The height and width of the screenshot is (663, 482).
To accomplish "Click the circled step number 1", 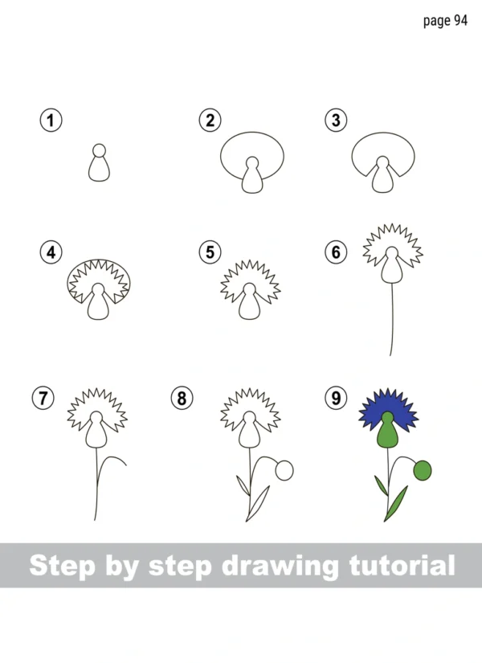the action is point(51,121).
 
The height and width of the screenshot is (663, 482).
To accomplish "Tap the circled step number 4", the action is point(51,252).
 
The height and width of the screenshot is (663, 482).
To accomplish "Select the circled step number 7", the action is point(43,399).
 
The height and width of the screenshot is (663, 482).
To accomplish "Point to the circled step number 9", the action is point(336,399).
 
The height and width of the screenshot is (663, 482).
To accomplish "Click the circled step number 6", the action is point(336,252).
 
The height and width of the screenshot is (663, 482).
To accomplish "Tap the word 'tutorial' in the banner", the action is point(402,565).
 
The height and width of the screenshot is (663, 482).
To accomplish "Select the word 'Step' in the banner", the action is point(63,566).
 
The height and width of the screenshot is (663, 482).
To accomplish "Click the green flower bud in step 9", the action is point(422,471).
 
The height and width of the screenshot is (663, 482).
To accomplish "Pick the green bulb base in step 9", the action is point(387,432).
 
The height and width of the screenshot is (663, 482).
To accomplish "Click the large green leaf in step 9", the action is point(397,503).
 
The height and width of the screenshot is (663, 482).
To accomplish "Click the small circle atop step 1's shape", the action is point(99,150).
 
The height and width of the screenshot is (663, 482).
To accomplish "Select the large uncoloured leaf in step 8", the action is point(259,503).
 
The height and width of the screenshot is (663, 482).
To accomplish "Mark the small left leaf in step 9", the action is point(381,485).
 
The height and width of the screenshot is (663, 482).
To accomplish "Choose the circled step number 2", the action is point(210,121).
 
